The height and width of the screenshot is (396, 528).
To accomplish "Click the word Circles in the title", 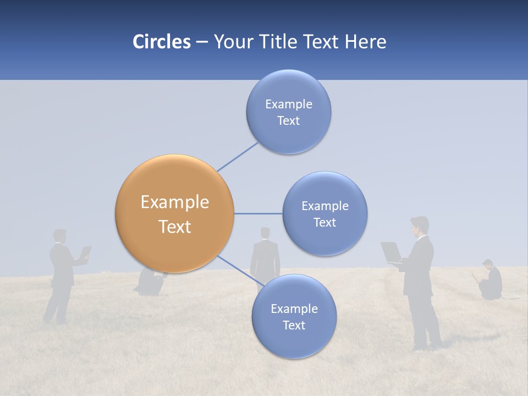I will coord(161,42).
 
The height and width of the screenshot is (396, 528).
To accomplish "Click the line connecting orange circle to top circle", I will coord(238,157).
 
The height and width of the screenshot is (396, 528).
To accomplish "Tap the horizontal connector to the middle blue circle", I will coord(258,213).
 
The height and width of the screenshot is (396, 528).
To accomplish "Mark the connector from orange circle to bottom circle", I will coord(239,270).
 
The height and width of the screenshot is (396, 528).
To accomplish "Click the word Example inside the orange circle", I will coord(174,202).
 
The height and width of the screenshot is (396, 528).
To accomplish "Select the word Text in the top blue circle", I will coord(288,121).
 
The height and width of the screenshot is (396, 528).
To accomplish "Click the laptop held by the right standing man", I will coord(392,252).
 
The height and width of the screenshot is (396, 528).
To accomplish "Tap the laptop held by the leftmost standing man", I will coord(85,252).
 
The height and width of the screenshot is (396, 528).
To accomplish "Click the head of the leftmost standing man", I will coord(60,237).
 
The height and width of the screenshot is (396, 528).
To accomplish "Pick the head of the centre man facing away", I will coord(265,233).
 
